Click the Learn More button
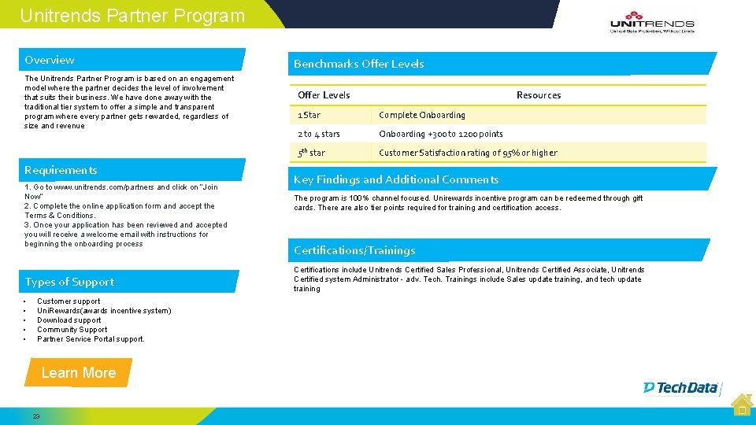(78, 373)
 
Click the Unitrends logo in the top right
(652, 25)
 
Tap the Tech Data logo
(681, 387)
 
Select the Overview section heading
(50, 60)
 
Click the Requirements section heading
(61, 170)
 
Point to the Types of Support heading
(69, 282)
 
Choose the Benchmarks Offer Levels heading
(359, 64)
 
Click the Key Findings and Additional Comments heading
(396, 179)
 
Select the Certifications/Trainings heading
(354, 250)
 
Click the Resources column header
(539, 95)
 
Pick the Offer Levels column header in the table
(324, 95)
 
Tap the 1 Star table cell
(309, 115)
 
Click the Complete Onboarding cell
(422, 115)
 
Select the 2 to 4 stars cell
(319, 134)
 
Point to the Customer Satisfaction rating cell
(468, 153)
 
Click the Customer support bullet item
(69, 301)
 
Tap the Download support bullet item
(69, 320)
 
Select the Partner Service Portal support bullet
(91, 339)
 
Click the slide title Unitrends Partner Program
(132, 16)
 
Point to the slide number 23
(36, 416)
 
